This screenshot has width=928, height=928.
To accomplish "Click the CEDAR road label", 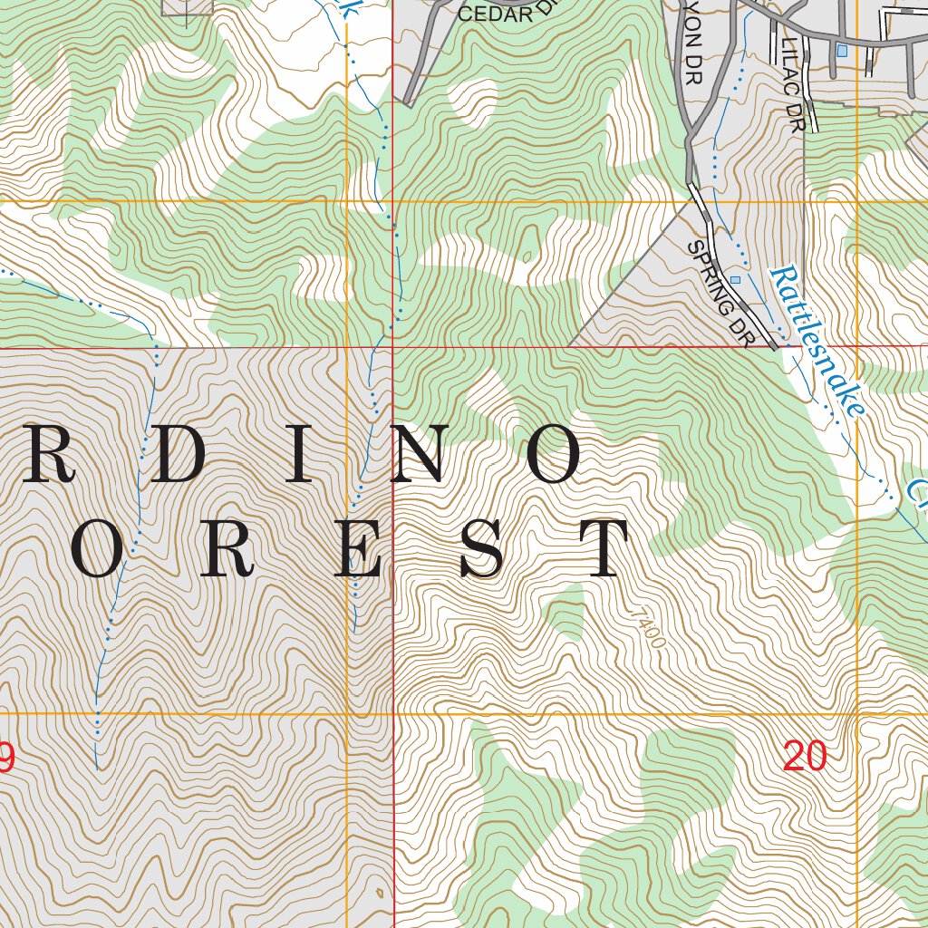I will [x=494, y=14].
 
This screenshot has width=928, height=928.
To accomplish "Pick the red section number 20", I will [x=805, y=756].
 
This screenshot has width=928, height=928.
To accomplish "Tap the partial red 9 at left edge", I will [x=5, y=758].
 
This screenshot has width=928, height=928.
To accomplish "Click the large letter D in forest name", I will [x=181, y=456].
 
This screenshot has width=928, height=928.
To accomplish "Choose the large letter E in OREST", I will [x=356, y=550].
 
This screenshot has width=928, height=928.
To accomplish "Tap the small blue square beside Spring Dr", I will [x=735, y=280].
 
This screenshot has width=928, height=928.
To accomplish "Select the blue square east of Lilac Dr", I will [x=842, y=51].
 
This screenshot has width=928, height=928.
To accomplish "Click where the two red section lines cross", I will [x=392, y=346].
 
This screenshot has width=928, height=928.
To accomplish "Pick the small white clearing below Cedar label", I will [x=474, y=101].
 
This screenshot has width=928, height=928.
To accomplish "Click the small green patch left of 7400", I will [x=565, y=612].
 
